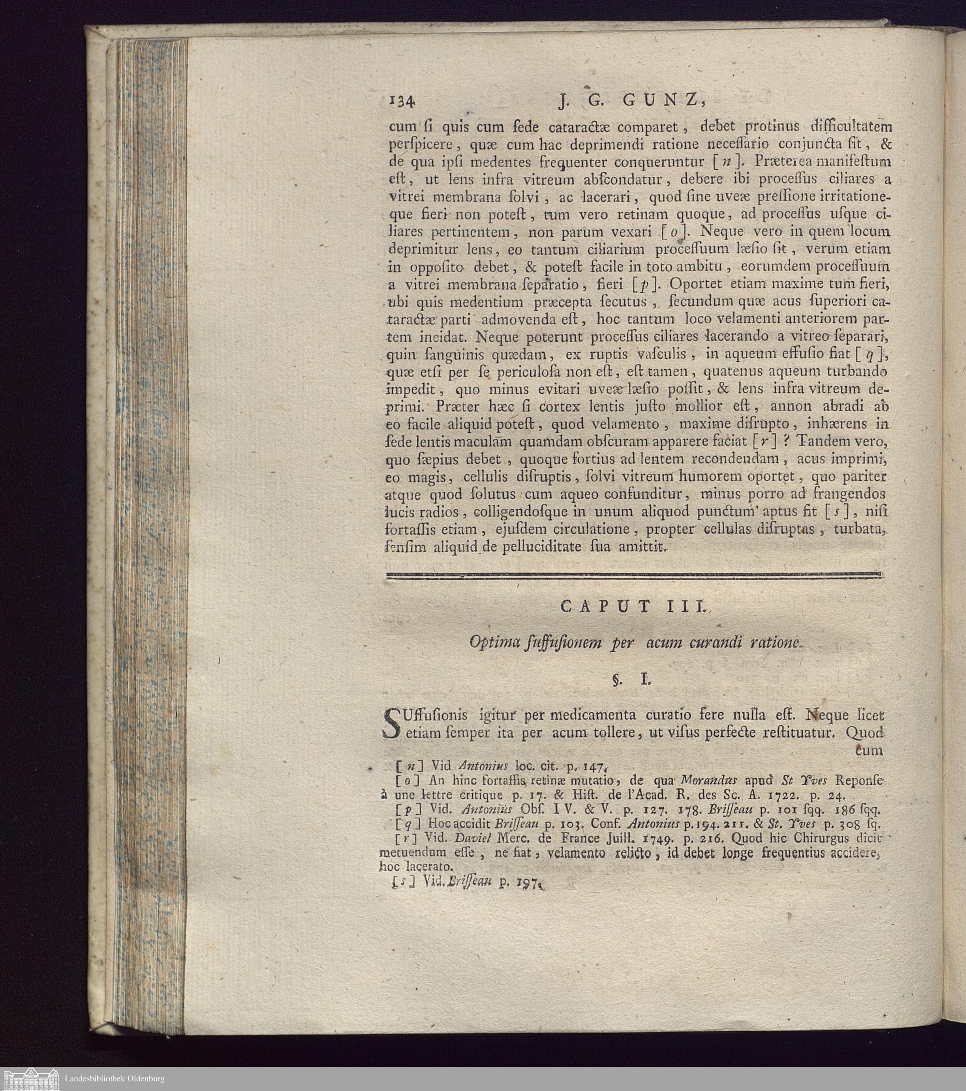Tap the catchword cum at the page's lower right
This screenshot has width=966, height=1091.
869,750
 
